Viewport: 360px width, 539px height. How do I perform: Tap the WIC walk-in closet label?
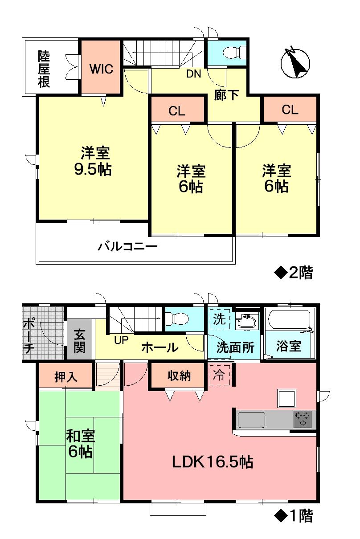pos(101,69)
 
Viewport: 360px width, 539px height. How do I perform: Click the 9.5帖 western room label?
pos(93,161)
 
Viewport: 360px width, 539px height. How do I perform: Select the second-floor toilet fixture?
pos(233,53)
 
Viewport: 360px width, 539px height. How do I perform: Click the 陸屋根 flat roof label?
pos(44,69)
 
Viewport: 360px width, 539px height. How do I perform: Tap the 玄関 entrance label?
pos(80,341)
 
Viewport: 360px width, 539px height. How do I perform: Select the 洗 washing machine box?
pos(219,319)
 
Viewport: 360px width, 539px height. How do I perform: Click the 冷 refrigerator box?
pos(219,374)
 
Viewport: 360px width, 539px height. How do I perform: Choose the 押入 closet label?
pos(66,377)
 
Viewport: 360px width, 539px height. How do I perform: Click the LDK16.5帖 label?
pos(213,462)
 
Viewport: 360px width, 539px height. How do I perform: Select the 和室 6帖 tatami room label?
pos(80,444)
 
